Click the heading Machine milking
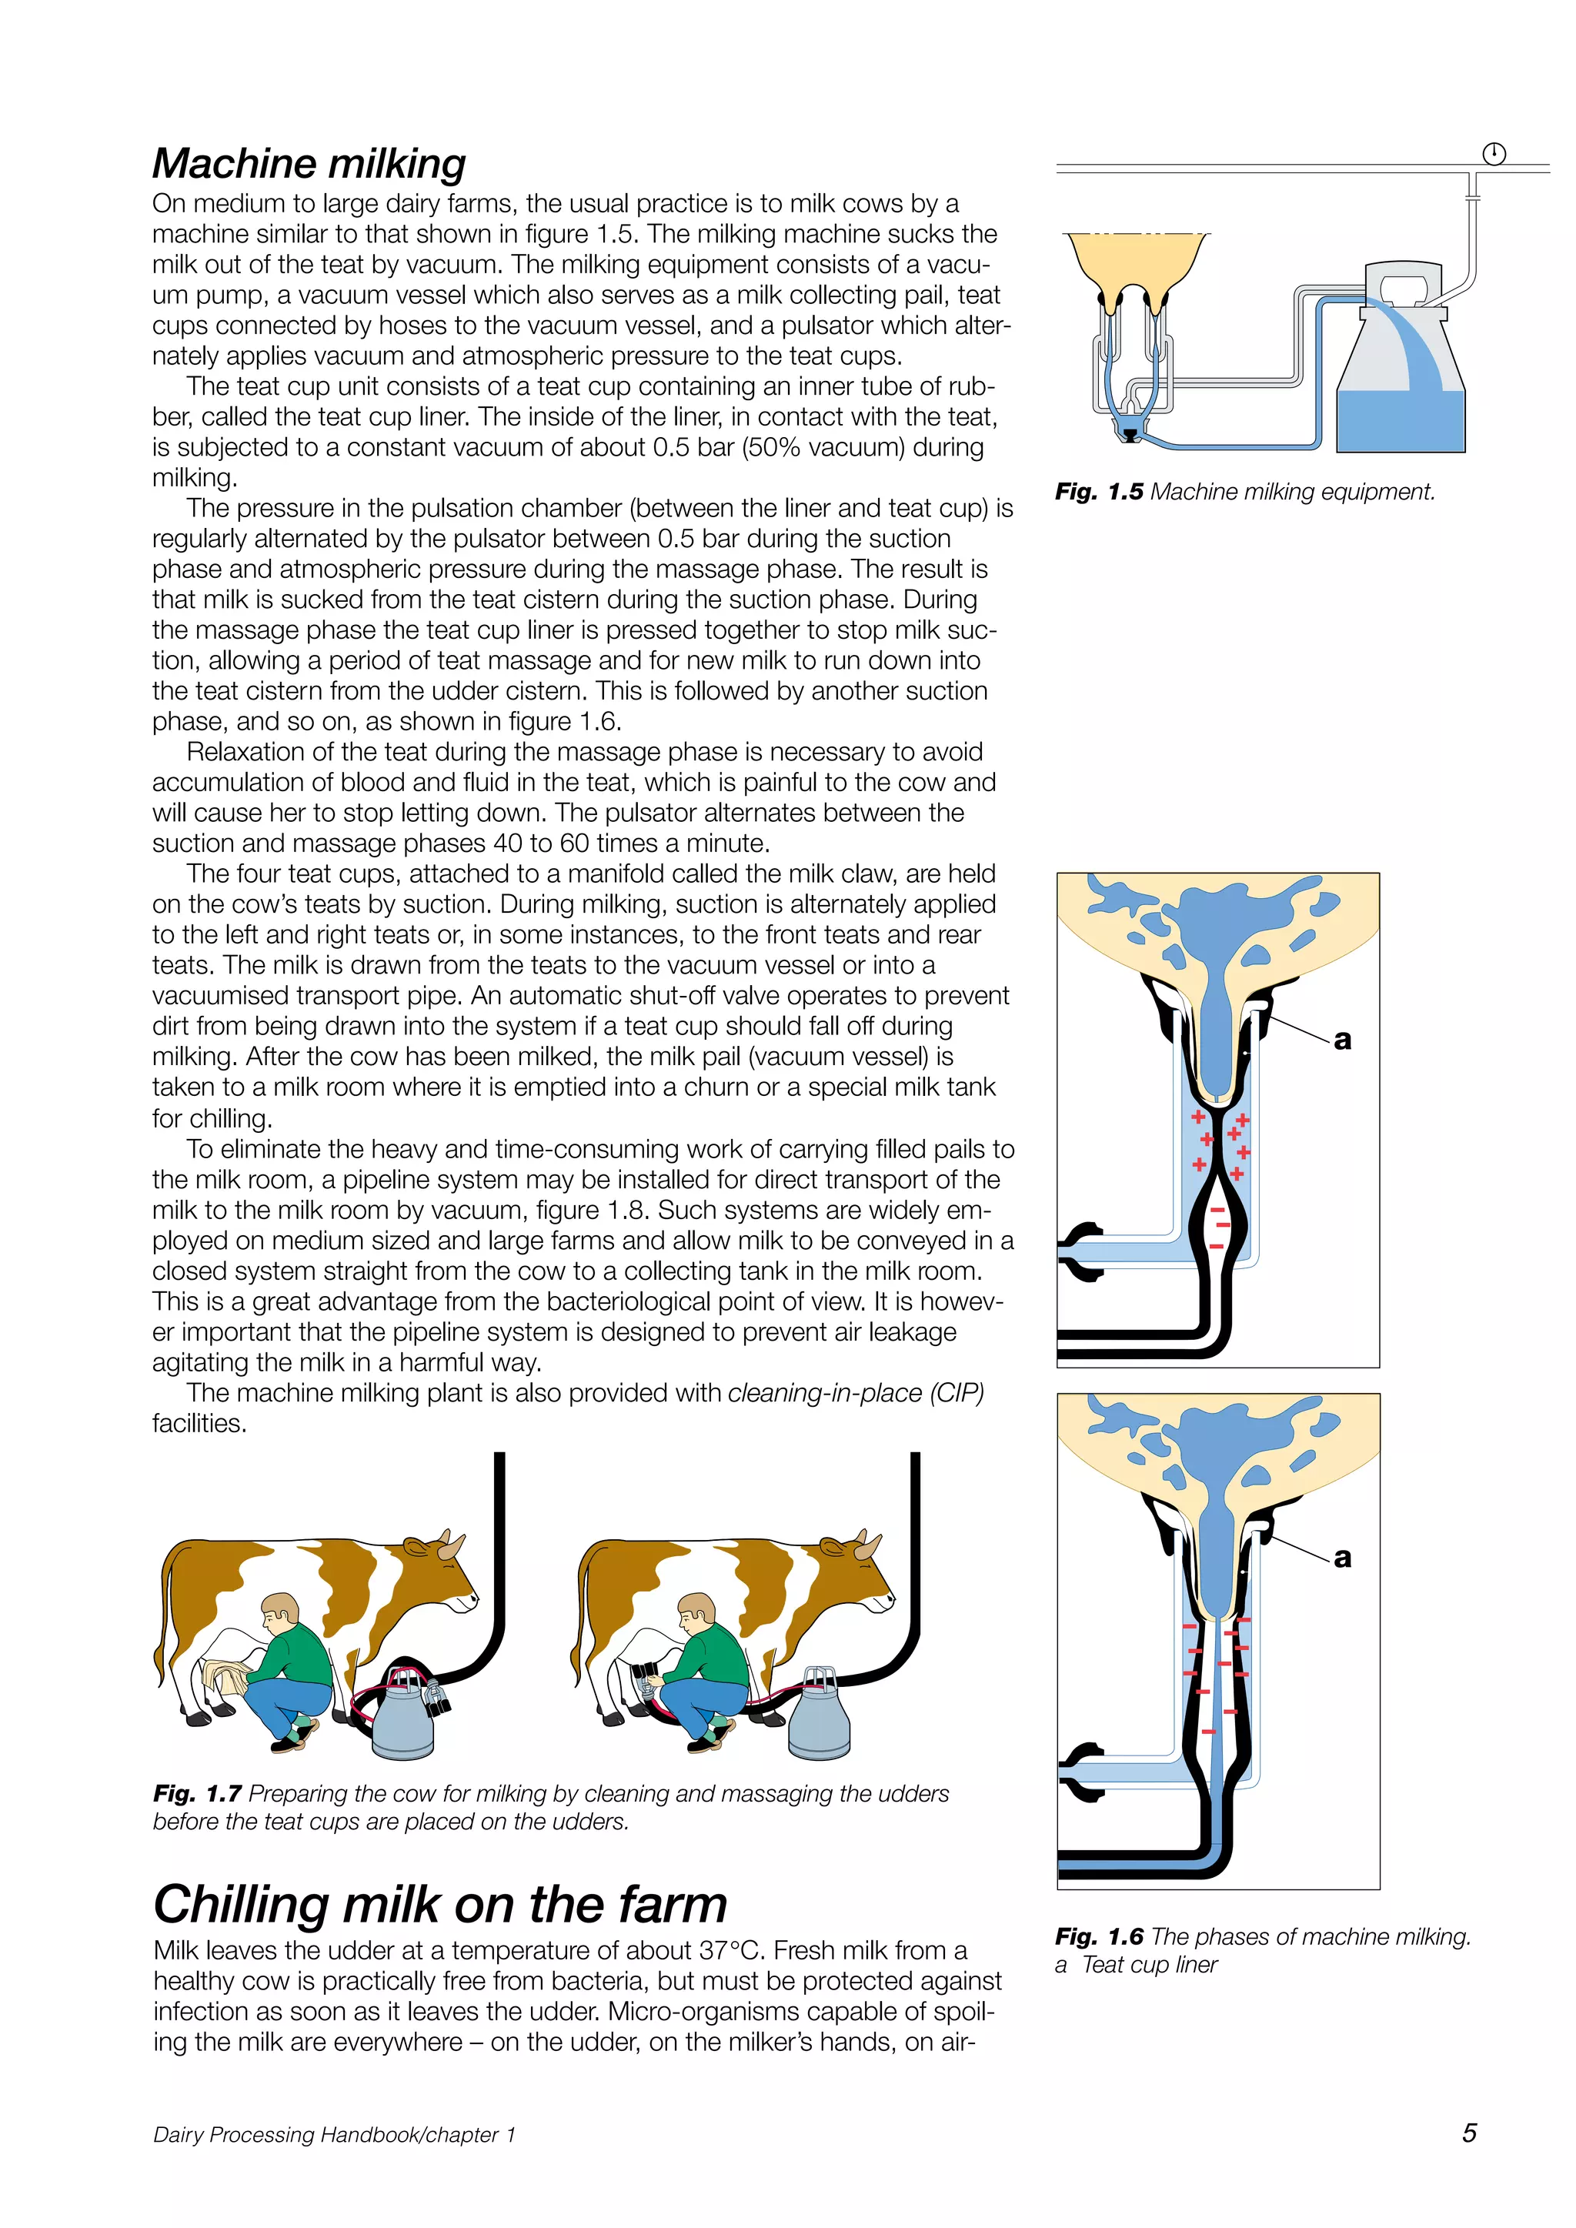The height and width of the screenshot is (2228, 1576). (309, 163)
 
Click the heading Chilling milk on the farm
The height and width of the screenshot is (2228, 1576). (439, 1904)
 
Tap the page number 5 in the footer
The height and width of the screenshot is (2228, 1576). (1468, 2132)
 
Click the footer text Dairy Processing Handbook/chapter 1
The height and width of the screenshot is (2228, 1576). (334, 2134)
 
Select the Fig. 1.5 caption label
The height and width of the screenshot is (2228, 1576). (1099, 492)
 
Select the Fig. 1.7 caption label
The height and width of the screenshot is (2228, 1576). (197, 1793)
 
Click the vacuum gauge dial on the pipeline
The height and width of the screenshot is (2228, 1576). (1494, 153)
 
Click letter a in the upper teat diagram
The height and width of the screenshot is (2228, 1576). (1342, 1041)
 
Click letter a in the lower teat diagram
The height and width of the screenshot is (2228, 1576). (1342, 1558)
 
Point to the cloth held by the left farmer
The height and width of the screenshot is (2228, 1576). (223, 1678)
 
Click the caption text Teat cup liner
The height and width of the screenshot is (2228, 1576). (1149, 1965)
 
